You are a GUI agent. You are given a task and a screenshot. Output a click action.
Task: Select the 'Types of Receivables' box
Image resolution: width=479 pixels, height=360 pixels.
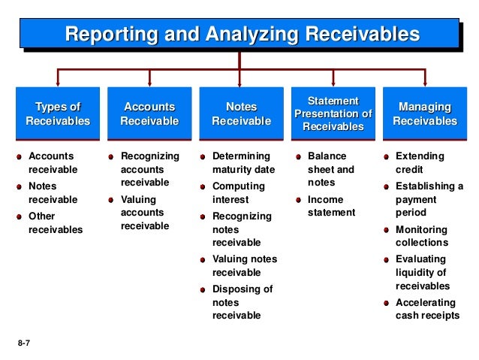click(x=58, y=114)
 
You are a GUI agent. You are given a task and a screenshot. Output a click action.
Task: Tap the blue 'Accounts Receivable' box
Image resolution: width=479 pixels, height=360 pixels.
click(x=149, y=114)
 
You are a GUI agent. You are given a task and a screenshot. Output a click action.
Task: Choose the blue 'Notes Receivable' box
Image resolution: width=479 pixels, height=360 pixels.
click(x=241, y=114)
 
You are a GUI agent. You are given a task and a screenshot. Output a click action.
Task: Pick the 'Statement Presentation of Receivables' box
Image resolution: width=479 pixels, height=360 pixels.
click(x=333, y=114)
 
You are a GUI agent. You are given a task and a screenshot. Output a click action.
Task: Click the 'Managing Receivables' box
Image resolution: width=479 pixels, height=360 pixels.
click(x=425, y=114)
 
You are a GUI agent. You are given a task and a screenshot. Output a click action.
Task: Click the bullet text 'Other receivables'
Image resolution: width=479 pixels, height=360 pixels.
click(x=55, y=223)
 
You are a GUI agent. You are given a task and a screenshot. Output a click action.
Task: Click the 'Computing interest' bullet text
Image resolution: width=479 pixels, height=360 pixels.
click(x=239, y=192)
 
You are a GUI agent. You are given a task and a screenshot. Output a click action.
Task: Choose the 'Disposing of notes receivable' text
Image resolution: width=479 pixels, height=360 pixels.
click(x=243, y=302)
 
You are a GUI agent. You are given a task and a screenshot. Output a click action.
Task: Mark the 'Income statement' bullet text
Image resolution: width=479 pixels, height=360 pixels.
click(x=330, y=206)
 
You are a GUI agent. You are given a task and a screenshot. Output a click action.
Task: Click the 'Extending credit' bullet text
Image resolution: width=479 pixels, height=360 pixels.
click(x=420, y=163)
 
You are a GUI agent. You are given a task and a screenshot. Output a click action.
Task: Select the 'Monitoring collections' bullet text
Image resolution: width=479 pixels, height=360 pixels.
click(x=421, y=236)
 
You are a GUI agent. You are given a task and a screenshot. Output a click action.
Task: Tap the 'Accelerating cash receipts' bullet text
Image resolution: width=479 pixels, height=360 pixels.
click(x=426, y=309)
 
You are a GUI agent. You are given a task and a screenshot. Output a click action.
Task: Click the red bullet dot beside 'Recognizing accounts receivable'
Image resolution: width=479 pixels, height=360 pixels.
click(x=110, y=157)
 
